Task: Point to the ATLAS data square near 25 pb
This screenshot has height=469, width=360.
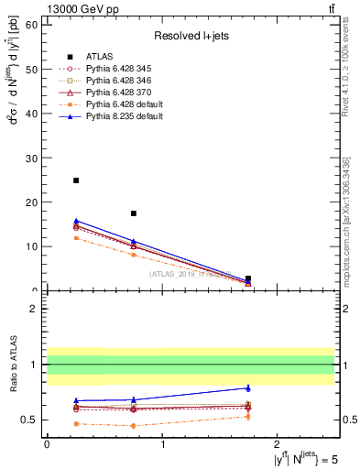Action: pyautogui.click(x=76, y=180)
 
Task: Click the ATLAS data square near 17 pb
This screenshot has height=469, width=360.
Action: pyautogui.click(x=134, y=213)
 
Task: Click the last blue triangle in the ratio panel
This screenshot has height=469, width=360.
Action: pyautogui.click(x=248, y=387)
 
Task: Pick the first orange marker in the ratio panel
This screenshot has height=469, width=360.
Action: pyautogui.click(x=76, y=423)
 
